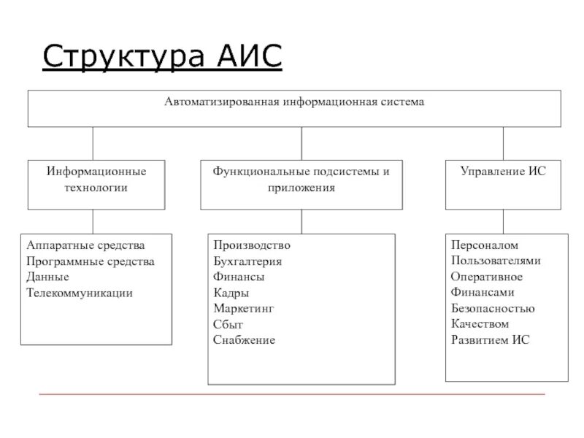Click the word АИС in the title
249,56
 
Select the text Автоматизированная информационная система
293,103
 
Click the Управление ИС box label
503,172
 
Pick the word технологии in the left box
96,188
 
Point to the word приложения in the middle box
301,188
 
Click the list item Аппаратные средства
85,245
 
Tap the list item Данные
47,277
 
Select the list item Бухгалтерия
247,261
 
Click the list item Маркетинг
244,309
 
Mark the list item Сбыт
228,324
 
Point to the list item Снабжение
244,340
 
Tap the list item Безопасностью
493,309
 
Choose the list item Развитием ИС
490,340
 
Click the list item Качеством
480,324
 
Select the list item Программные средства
91,261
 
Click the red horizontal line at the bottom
292,394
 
